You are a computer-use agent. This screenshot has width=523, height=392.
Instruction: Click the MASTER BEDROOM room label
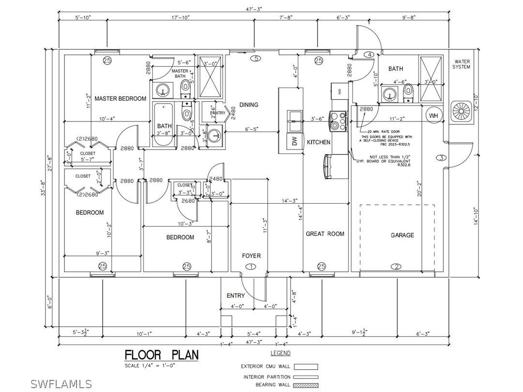click(x=120, y=99)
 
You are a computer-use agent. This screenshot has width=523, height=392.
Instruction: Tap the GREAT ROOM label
click(x=325, y=234)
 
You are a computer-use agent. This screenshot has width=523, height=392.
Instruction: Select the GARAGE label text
click(x=402, y=235)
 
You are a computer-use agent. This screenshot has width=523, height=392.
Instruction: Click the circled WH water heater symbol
click(x=433, y=116)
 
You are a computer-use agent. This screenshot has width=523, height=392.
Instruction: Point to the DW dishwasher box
click(x=294, y=141)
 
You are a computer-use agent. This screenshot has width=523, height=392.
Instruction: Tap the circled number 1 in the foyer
click(x=251, y=267)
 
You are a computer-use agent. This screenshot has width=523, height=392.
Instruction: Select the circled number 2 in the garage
click(x=396, y=267)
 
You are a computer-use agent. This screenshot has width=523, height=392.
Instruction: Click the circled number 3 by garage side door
click(x=441, y=158)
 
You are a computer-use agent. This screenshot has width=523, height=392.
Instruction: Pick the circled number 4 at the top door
click(x=370, y=55)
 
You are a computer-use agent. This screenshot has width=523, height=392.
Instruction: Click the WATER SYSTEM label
click(x=461, y=64)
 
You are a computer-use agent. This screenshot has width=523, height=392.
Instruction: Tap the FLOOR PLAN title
click(x=162, y=355)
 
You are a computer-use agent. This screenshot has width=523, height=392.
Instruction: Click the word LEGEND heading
click(x=280, y=354)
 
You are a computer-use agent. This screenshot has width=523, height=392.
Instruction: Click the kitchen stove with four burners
click(x=338, y=121)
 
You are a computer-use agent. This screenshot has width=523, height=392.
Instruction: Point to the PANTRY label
click(x=217, y=113)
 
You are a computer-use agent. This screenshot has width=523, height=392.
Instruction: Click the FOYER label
click(x=251, y=256)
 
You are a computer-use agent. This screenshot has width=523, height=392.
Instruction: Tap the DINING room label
click(x=249, y=105)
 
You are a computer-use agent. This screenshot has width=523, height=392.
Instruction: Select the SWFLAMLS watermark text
click(x=61, y=384)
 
